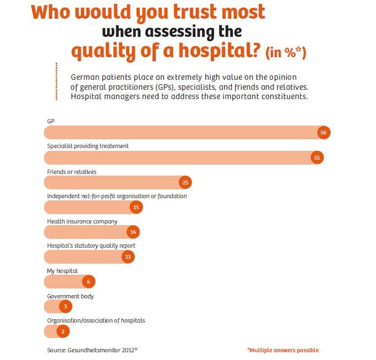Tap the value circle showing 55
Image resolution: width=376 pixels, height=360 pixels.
317,158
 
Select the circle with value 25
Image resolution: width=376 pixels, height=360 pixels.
185,183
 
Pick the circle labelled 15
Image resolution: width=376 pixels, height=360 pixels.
137,207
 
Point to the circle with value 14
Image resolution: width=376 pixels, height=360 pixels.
133,232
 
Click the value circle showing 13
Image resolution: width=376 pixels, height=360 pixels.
128,257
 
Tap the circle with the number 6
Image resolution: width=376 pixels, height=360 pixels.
88,282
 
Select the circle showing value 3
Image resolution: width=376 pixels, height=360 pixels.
65,307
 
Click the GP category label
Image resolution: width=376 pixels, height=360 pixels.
51,121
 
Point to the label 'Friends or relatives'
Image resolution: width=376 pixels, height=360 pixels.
72,172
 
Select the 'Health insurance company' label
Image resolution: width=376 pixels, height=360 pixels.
82,221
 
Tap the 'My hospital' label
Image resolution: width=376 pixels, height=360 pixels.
62,271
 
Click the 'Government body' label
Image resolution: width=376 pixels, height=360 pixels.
70,296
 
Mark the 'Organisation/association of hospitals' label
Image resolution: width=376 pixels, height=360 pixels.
96,320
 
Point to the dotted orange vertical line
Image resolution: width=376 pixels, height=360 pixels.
57,81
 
